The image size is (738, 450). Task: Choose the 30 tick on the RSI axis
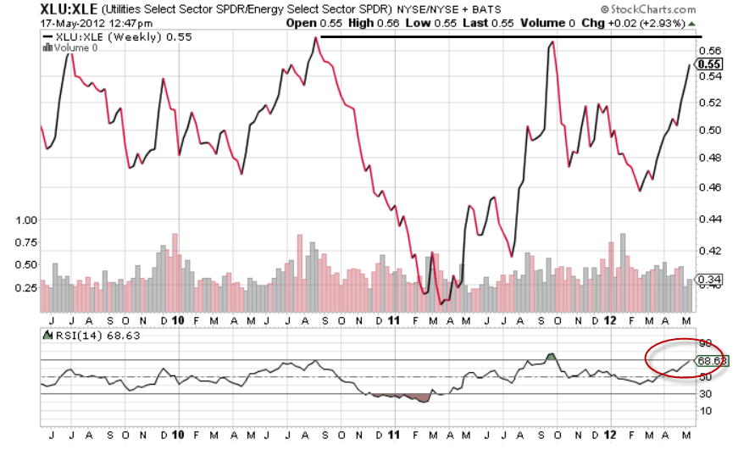(x=703, y=393)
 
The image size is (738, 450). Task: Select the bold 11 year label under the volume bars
(x=394, y=320)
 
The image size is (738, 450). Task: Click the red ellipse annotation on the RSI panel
(x=684, y=358)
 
